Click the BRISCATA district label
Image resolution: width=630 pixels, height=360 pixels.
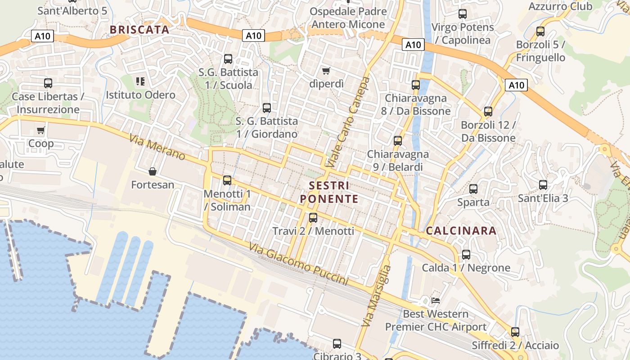(139, 30)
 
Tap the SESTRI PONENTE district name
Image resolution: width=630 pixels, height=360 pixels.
(329, 192)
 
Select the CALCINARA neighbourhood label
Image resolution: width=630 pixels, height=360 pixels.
(461, 231)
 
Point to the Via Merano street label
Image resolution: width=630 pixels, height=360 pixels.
(157, 147)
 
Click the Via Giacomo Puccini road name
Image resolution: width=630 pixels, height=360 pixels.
(299, 265)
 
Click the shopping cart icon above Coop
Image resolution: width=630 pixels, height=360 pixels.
(41, 130)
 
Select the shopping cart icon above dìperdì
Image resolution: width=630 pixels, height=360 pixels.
(326, 71)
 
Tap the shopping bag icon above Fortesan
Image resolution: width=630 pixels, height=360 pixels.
(153, 171)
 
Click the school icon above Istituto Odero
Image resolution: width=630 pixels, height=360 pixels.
(140, 81)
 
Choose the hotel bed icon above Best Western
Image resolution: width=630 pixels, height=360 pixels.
(435, 300)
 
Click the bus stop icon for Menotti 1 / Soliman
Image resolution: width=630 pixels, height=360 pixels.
(227, 180)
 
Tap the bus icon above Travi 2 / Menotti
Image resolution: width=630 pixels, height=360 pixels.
(313, 218)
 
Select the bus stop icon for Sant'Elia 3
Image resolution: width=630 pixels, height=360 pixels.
(543, 184)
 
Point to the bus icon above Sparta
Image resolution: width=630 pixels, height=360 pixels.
(473, 189)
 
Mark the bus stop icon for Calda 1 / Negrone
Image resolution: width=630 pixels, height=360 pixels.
(466, 255)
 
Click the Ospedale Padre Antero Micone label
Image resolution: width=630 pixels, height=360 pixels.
(348, 18)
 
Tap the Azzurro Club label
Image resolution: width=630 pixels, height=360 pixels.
(560, 6)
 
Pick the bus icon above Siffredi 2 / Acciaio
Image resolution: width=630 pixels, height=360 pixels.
(515, 332)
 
